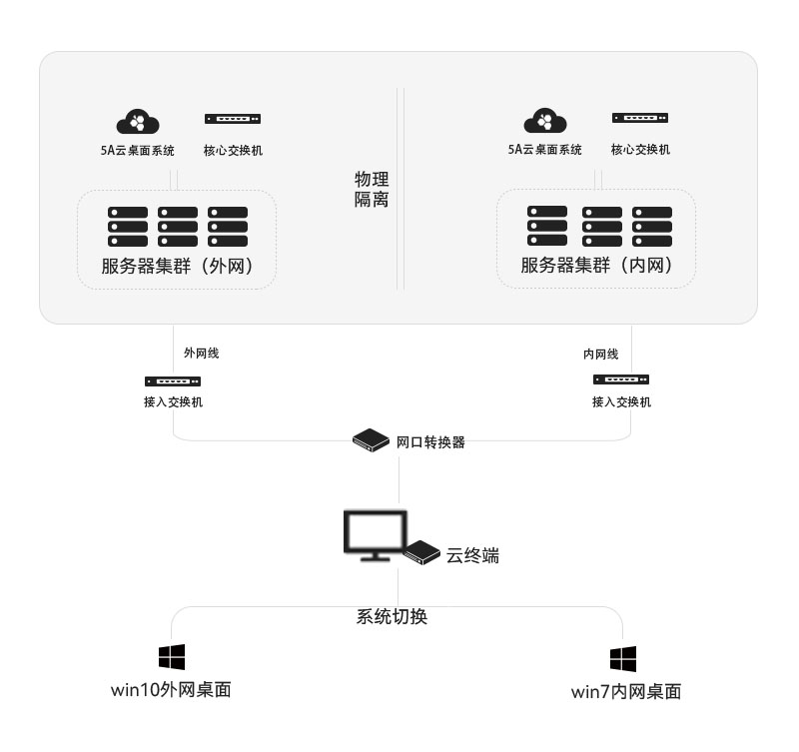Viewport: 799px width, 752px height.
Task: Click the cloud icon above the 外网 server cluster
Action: pos(138,121)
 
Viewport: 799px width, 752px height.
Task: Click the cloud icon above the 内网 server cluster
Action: pos(545,121)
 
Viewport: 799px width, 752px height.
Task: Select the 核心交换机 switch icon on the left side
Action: pos(233,119)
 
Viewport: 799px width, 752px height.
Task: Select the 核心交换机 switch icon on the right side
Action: pos(640,118)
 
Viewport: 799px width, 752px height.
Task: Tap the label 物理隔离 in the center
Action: pos(372,189)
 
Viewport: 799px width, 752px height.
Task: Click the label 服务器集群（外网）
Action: pos(175,266)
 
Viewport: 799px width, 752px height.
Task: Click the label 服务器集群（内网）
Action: pos(595,266)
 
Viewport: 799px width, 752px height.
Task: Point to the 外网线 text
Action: pos(201,353)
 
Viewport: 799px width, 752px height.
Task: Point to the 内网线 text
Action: pos(601,354)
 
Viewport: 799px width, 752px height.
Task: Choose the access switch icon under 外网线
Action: pos(173,381)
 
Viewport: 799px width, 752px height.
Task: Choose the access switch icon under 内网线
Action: pos(621,379)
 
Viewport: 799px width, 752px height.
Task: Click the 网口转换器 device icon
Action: pos(371,440)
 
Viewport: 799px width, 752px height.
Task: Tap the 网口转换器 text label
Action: pos(430,441)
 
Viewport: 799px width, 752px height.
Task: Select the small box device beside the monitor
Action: pos(422,552)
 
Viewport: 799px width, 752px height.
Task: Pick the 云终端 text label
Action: pos(472,555)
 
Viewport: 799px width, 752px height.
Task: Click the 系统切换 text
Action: pos(392,616)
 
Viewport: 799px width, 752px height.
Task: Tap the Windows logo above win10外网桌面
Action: pos(172,657)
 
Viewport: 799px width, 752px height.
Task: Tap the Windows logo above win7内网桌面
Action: pos(623,659)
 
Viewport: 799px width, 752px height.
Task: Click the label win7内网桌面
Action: pos(626,691)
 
